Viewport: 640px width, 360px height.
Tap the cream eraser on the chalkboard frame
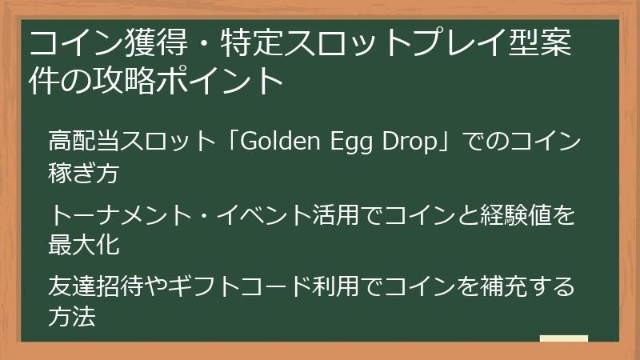(x=564, y=339)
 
